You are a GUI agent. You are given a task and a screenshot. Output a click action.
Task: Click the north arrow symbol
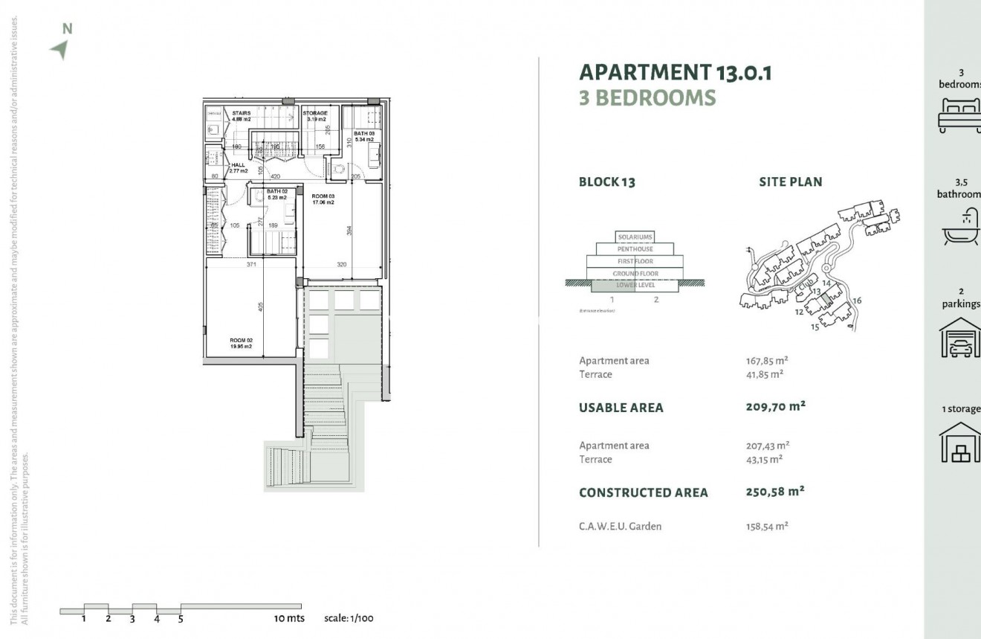coord(59,49)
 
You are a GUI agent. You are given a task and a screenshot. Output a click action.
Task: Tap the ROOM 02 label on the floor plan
coord(241,343)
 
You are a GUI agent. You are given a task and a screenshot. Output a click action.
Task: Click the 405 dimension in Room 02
coord(261,306)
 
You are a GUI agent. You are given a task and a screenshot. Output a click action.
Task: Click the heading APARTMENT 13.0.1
coord(676,72)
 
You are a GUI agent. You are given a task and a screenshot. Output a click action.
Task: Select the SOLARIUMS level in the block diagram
coord(635,237)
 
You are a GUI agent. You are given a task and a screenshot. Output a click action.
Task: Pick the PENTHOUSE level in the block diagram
coord(635,249)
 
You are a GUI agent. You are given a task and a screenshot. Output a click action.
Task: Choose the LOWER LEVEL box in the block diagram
coord(635,285)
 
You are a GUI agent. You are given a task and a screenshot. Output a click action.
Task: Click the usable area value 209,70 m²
coord(775,407)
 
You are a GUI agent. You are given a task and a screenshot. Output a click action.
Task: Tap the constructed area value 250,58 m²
coord(775,492)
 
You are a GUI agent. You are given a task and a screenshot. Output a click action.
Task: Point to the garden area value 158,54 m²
coord(767,526)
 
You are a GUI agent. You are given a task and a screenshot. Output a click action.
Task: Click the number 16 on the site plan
coord(857,301)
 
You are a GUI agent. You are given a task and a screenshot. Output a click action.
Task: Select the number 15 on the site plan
coord(815,327)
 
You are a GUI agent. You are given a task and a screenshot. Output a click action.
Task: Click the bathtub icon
coord(961,228)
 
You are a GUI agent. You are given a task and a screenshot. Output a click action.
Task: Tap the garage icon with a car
coord(961,338)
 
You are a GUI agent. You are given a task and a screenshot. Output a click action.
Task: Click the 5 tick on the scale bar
coord(181,618)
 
